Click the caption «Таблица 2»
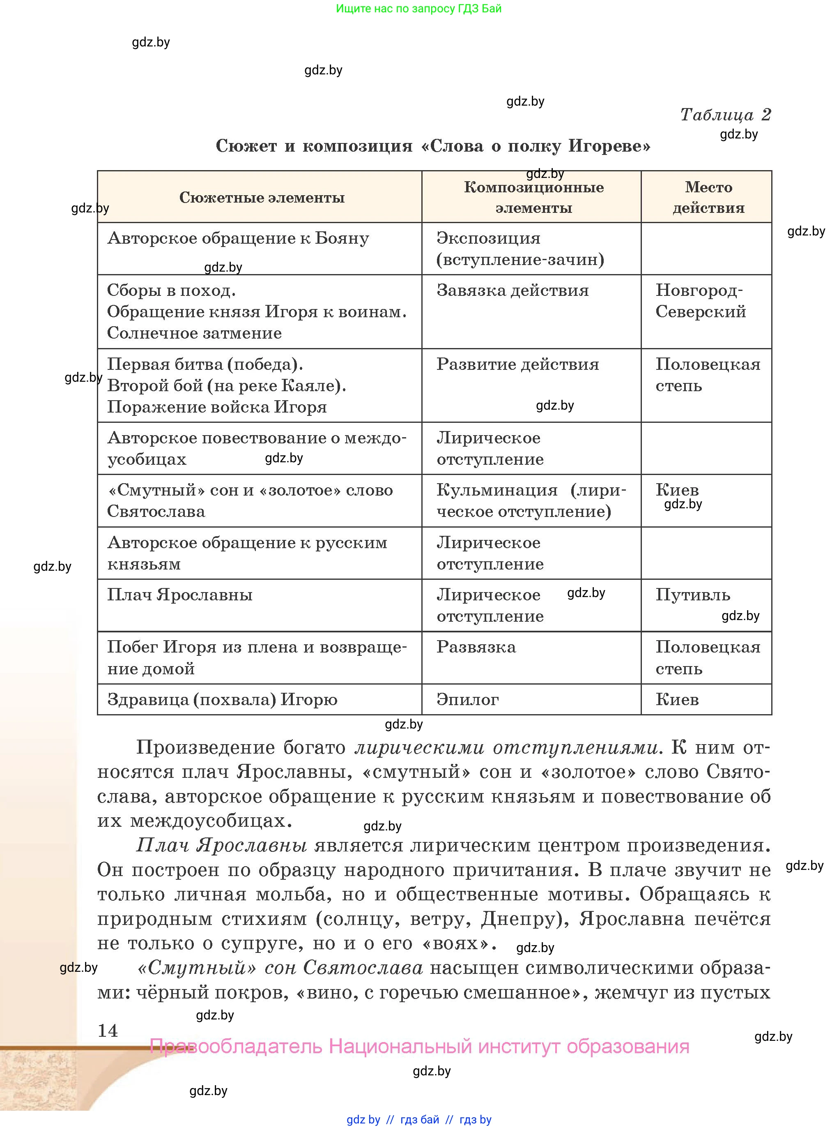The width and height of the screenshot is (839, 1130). (x=725, y=114)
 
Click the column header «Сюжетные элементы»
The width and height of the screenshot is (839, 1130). (x=262, y=197)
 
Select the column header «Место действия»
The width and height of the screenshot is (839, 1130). (x=708, y=197)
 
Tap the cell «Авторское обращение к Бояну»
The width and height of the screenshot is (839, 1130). (x=238, y=238)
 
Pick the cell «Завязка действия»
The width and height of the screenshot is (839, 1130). (x=513, y=291)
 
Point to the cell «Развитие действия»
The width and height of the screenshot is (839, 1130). (x=517, y=364)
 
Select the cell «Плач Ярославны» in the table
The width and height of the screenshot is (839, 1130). (x=180, y=595)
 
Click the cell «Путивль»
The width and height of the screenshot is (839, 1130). (x=692, y=595)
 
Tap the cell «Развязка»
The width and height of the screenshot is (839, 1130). (x=476, y=647)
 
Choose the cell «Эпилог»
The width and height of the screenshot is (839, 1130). (x=467, y=700)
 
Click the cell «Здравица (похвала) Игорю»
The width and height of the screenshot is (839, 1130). (x=222, y=700)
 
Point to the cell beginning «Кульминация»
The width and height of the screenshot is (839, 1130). (x=531, y=500)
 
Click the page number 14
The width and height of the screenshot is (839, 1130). (x=108, y=1031)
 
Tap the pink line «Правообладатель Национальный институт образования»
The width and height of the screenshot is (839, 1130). (x=420, y=1046)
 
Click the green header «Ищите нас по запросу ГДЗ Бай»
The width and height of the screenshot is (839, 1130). (x=418, y=8)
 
